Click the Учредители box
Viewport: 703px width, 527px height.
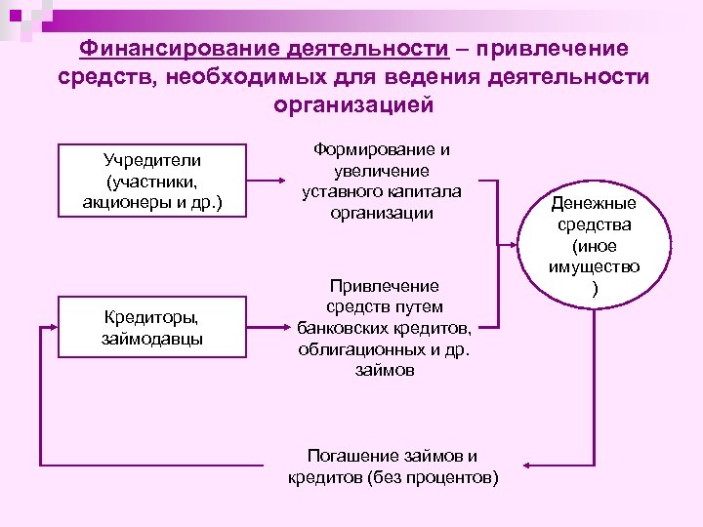[151, 181]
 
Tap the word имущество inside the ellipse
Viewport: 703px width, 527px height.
[593, 266]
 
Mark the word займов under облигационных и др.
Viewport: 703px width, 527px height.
[385, 371]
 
